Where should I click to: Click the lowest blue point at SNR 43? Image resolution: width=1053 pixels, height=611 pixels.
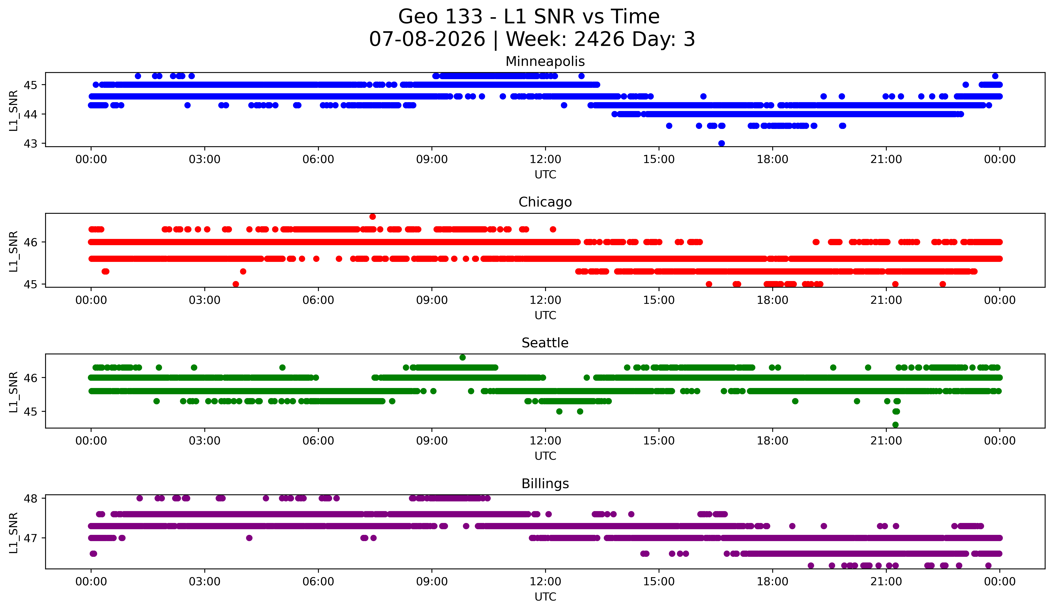click(x=721, y=143)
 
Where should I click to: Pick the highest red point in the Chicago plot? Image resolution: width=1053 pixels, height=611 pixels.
click(x=372, y=216)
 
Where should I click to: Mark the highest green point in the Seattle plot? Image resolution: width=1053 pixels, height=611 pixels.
click(x=462, y=358)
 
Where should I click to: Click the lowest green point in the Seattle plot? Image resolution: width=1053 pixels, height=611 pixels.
click(x=895, y=425)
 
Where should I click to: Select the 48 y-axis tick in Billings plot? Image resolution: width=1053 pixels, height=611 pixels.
click(x=30, y=498)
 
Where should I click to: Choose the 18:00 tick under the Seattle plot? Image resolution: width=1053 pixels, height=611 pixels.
click(x=772, y=441)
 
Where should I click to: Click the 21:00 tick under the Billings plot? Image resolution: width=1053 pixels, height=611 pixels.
click(x=886, y=581)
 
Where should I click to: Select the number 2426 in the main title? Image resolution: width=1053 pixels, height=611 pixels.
click(x=600, y=39)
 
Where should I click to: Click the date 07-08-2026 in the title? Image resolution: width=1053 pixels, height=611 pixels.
click(x=427, y=39)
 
